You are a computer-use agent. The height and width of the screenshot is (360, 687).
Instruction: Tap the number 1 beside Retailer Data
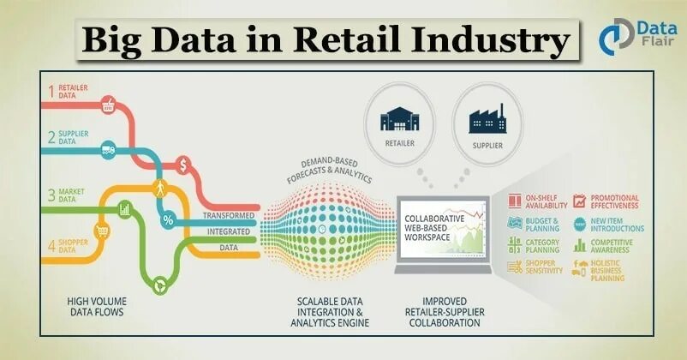tap(51, 90)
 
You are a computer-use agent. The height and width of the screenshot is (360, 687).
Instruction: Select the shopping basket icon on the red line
tap(109, 106)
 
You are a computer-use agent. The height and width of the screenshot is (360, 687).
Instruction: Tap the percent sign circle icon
tap(168, 219)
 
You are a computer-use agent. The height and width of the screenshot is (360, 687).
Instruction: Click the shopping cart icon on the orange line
tap(101, 231)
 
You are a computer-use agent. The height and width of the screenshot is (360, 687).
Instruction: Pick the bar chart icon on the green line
tap(125, 207)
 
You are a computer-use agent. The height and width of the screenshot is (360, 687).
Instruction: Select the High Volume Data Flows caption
tap(96, 307)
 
